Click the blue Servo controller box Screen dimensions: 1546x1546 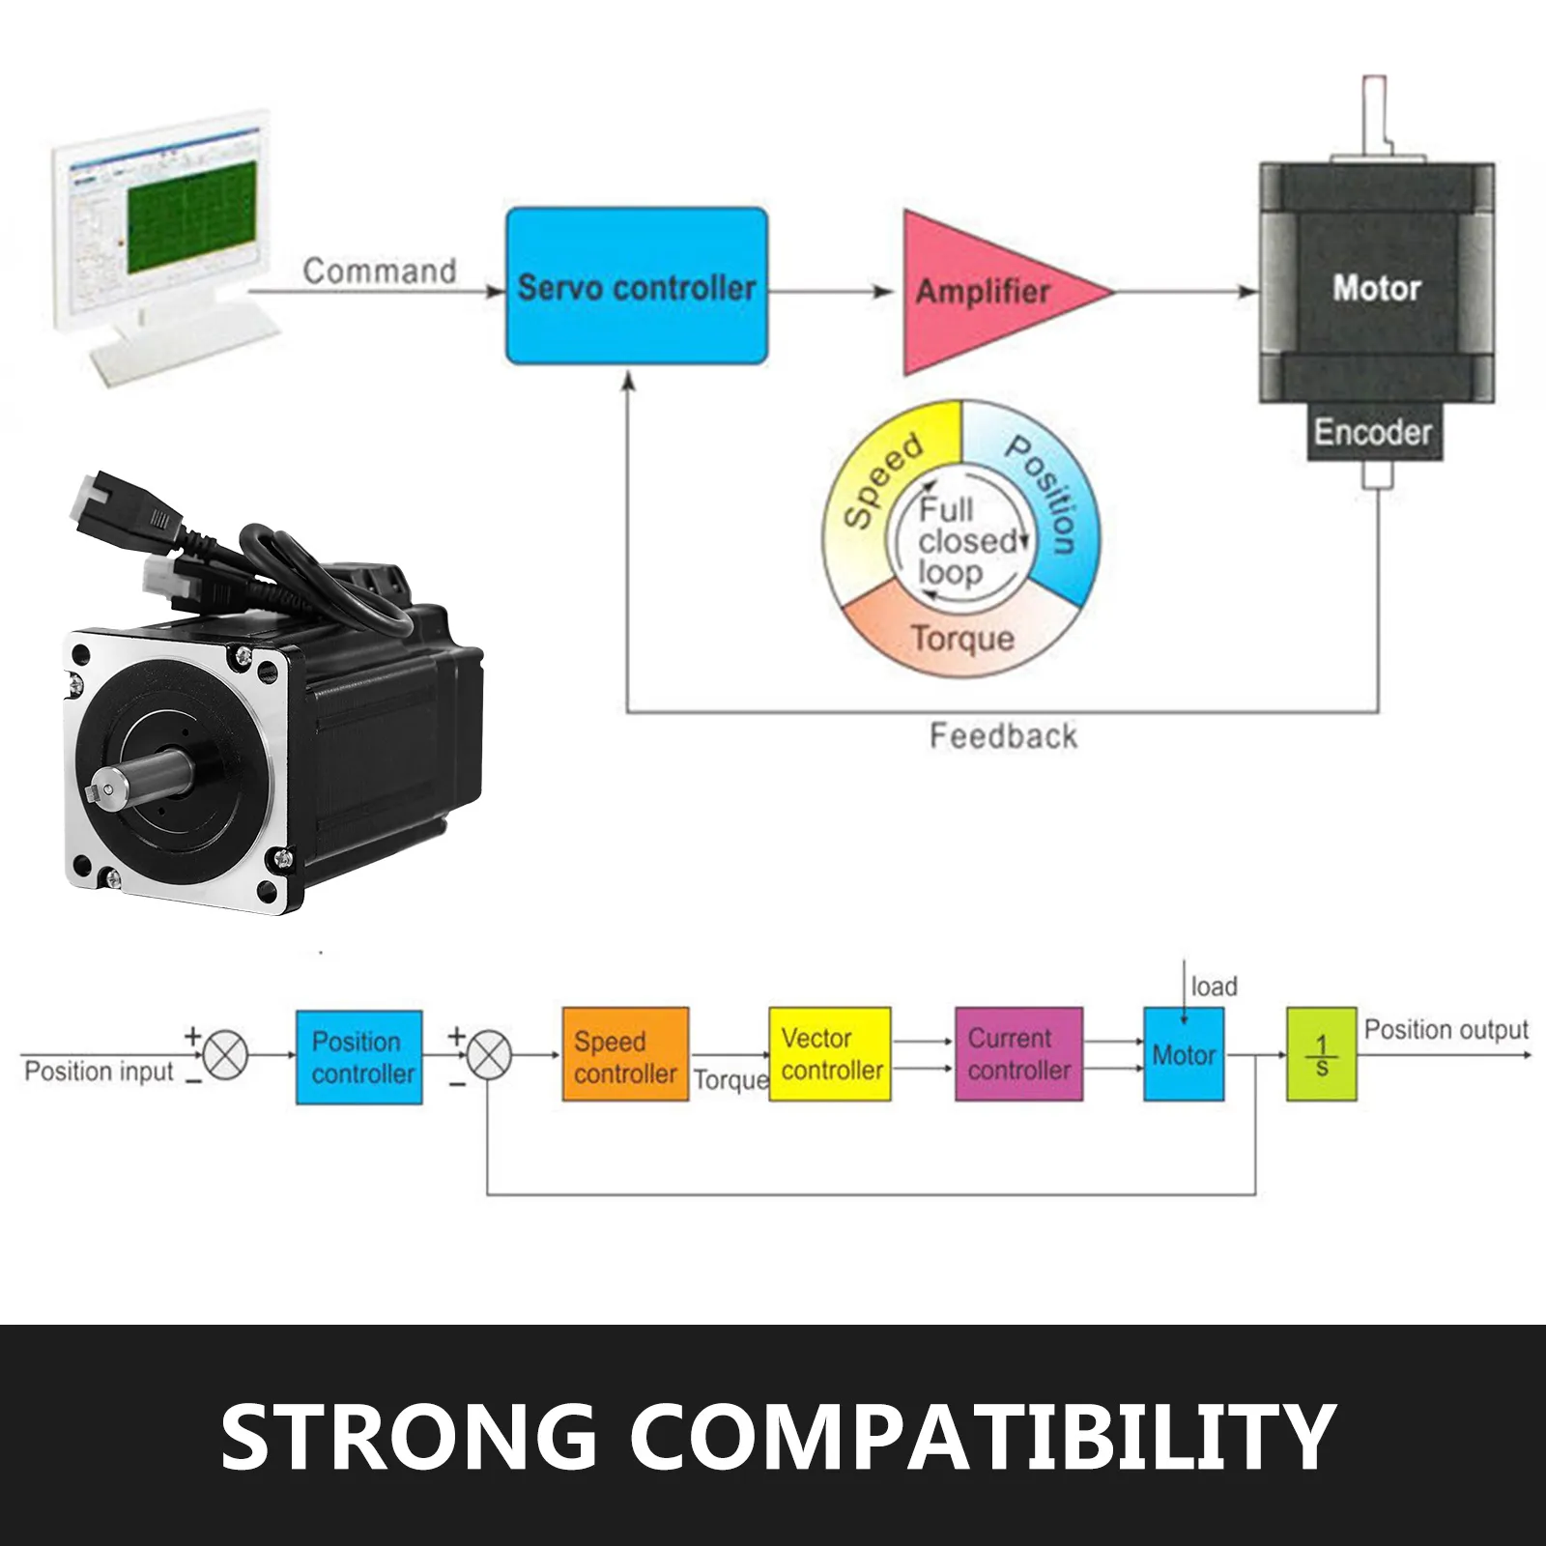[x=637, y=286]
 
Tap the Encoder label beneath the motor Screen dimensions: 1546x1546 [x=1371, y=432]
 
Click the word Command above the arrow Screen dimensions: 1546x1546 [x=380, y=271]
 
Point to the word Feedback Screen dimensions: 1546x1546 [x=1003, y=736]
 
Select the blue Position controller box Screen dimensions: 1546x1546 [x=358, y=1056]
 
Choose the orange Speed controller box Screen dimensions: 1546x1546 [x=625, y=1054]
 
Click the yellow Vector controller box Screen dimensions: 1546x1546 [x=830, y=1054]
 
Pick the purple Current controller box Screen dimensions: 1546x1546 [x=1018, y=1054]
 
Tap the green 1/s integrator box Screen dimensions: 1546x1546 [x=1321, y=1054]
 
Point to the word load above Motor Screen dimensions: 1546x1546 [x=1214, y=987]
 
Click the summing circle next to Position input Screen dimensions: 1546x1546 [x=226, y=1054]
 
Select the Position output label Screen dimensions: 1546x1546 [x=1446, y=1030]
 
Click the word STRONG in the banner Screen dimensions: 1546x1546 [x=410, y=1436]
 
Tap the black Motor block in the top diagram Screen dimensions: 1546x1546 [x=1376, y=287]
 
